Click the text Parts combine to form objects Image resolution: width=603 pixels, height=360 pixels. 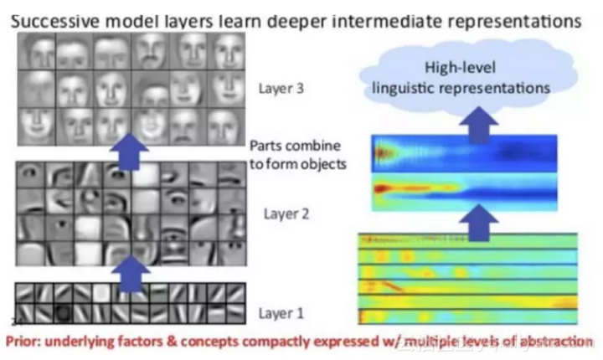(x=296, y=155)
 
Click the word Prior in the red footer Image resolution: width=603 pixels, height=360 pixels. (x=25, y=342)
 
